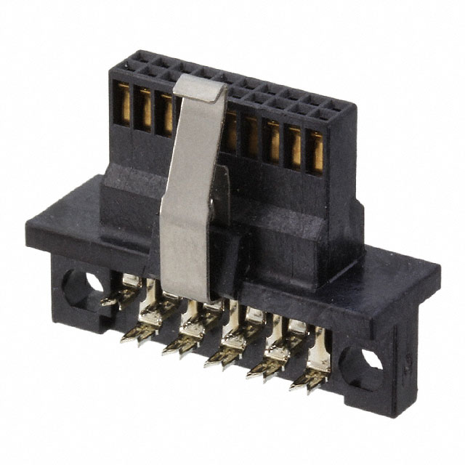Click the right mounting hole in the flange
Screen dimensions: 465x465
point(365,361)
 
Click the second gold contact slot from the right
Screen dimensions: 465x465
point(294,146)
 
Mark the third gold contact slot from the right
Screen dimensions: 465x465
point(272,141)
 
